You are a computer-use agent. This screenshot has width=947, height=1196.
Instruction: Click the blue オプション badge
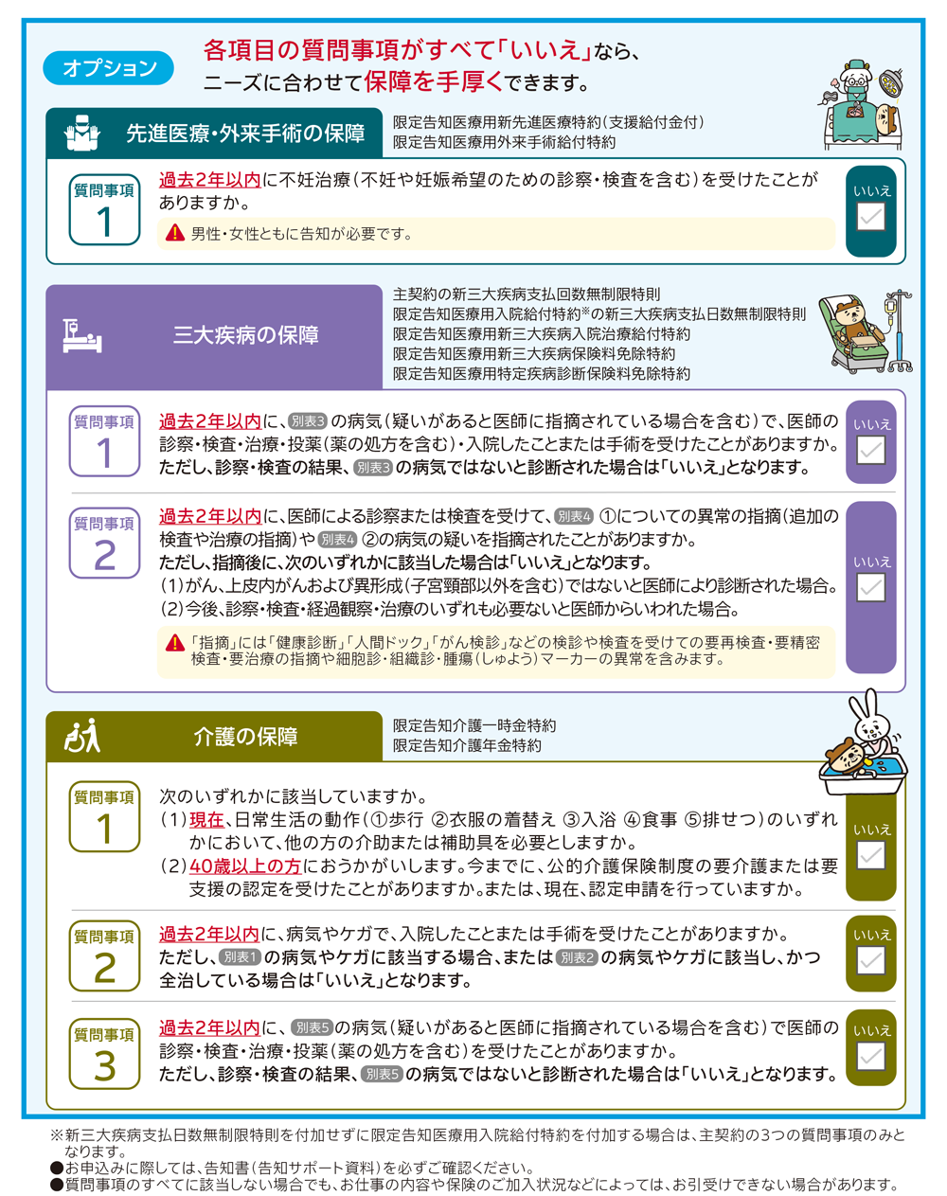tap(109, 68)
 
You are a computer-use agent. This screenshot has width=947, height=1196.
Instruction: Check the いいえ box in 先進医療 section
tap(870, 217)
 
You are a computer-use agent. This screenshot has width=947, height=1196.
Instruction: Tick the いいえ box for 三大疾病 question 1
tap(870, 450)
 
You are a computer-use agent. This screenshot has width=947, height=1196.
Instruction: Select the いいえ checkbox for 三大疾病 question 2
tap(870, 587)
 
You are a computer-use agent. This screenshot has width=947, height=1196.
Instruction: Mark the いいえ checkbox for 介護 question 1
tap(870, 856)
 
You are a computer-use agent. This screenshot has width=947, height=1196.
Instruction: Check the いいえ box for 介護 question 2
tap(870, 961)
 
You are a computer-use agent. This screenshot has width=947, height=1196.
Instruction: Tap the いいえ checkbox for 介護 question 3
tap(870, 1057)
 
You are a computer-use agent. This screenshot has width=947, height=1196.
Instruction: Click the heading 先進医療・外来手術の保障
tap(245, 134)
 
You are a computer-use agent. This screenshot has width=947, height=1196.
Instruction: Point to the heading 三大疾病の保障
tap(245, 335)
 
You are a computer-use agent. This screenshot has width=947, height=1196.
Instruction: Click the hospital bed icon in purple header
tap(81, 336)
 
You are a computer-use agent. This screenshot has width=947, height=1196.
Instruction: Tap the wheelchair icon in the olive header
tap(81, 737)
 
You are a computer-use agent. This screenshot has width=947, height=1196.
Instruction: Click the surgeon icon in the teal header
tap(81, 134)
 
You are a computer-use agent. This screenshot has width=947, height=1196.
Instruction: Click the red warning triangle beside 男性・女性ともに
tap(175, 233)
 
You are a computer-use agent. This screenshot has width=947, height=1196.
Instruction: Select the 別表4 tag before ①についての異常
tap(574, 517)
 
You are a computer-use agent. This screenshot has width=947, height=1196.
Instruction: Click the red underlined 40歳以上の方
tap(245, 866)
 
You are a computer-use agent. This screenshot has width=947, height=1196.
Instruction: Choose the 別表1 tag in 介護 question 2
tap(240, 957)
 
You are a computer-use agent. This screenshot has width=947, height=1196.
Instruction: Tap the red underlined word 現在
tap(206, 820)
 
